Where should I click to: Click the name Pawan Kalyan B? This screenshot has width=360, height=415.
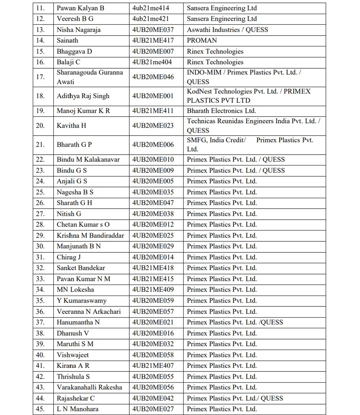[x=80, y=8]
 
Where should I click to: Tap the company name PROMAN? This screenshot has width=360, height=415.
[x=202, y=40]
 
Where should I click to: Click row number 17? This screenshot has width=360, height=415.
[x=40, y=77]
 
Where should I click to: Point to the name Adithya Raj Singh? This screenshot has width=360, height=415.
[x=83, y=96]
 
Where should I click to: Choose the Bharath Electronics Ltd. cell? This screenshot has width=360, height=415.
[x=221, y=111]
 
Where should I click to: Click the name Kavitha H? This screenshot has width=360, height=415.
[x=71, y=126]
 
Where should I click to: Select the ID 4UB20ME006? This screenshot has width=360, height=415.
[x=153, y=145]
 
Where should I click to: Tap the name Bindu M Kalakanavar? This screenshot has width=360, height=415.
[x=88, y=159]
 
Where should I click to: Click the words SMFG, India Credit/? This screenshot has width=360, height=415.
[x=216, y=140]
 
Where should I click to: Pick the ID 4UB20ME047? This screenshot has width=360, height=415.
[x=153, y=203]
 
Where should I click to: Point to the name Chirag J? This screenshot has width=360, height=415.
[x=68, y=257]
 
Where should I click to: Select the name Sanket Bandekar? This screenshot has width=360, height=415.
[x=81, y=268]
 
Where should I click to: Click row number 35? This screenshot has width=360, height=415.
[x=40, y=301]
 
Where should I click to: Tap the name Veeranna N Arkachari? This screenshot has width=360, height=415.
[x=89, y=311]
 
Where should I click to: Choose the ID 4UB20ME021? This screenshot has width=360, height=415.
[x=153, y=322]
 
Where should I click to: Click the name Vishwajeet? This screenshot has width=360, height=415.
[x=73, y=355]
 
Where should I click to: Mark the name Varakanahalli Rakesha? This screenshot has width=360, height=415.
[x=89, y=387]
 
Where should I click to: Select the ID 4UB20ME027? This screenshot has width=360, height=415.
[x=153, y=409]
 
